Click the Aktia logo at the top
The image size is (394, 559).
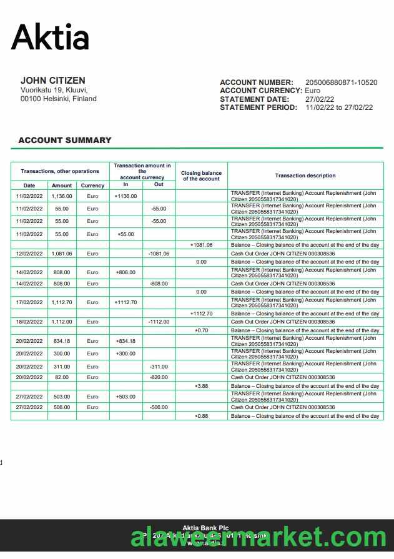pyautogui.click(x=51, y=37)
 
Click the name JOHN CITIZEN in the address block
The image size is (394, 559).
pyautogui.click(x=53, y=81)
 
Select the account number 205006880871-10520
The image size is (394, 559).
pyautogui.click(x=341, y=82)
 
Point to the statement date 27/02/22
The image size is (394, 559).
pyautogui.click(x=320, y=99)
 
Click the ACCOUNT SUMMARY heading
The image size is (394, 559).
pyautogui.click(x=65, y=141)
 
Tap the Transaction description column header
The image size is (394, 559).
pyautogui.click(x=305, y=176)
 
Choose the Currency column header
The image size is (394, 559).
pyautogui.click(x=92, y=186)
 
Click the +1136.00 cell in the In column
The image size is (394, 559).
pyautogui.click(x=126, y=196)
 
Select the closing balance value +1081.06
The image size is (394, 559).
pyautogui.click(x=201, y=245)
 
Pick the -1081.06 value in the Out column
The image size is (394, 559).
pyautogui.click(x=159, y=254)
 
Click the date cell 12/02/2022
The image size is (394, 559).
pyautogui.click(x=29, y=254)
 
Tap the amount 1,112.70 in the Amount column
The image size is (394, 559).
pyautogui.click(x=62, y=302)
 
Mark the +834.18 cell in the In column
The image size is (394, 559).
pyautogui.click(x=125, y=341)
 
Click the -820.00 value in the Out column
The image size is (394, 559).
pyautogui.click(x=159, y=377)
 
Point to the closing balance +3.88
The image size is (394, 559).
pyautogui.click(x=201, y=386)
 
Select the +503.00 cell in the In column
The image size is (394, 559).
pyautogui.click(x=125, y=397)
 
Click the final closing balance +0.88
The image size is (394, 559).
pyautogui.click(x=201, y=416)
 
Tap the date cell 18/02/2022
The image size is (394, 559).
pyautogui.click(x=29, y=322)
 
